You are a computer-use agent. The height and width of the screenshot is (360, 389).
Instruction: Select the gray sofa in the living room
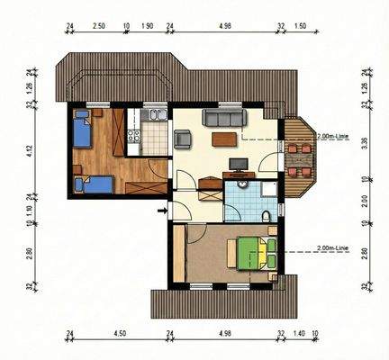(x=223, y=118)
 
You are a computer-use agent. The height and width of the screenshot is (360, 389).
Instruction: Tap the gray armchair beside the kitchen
(x=182, y=139)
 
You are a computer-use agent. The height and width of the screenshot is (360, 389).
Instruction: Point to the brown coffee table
(x=225, y=139)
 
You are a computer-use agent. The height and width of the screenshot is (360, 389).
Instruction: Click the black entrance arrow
(x=161, y=211)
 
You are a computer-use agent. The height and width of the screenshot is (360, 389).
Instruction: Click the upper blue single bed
(x=82, y=130)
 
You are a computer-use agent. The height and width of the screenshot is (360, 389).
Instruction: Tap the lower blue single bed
(x=95, y=185)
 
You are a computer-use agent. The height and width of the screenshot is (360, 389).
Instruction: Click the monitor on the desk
(x=238, y=164)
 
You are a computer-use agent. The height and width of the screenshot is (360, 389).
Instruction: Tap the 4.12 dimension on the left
(x=30, y=152)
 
